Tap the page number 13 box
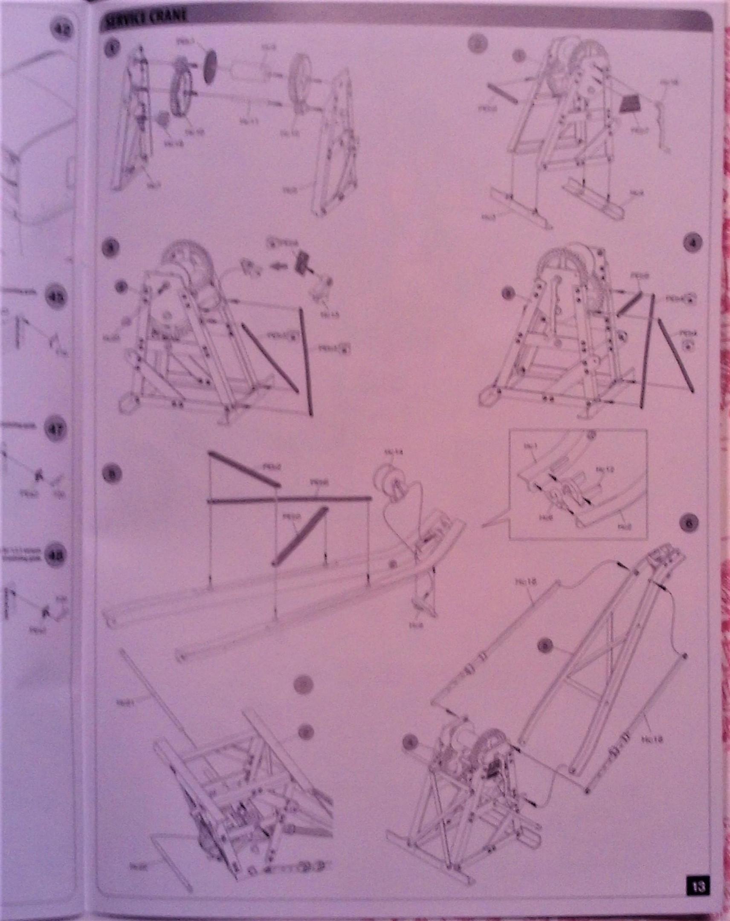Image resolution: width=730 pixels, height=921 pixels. (x=698, y=891)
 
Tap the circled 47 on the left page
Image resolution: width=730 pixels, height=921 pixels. (x=55, y=430)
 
